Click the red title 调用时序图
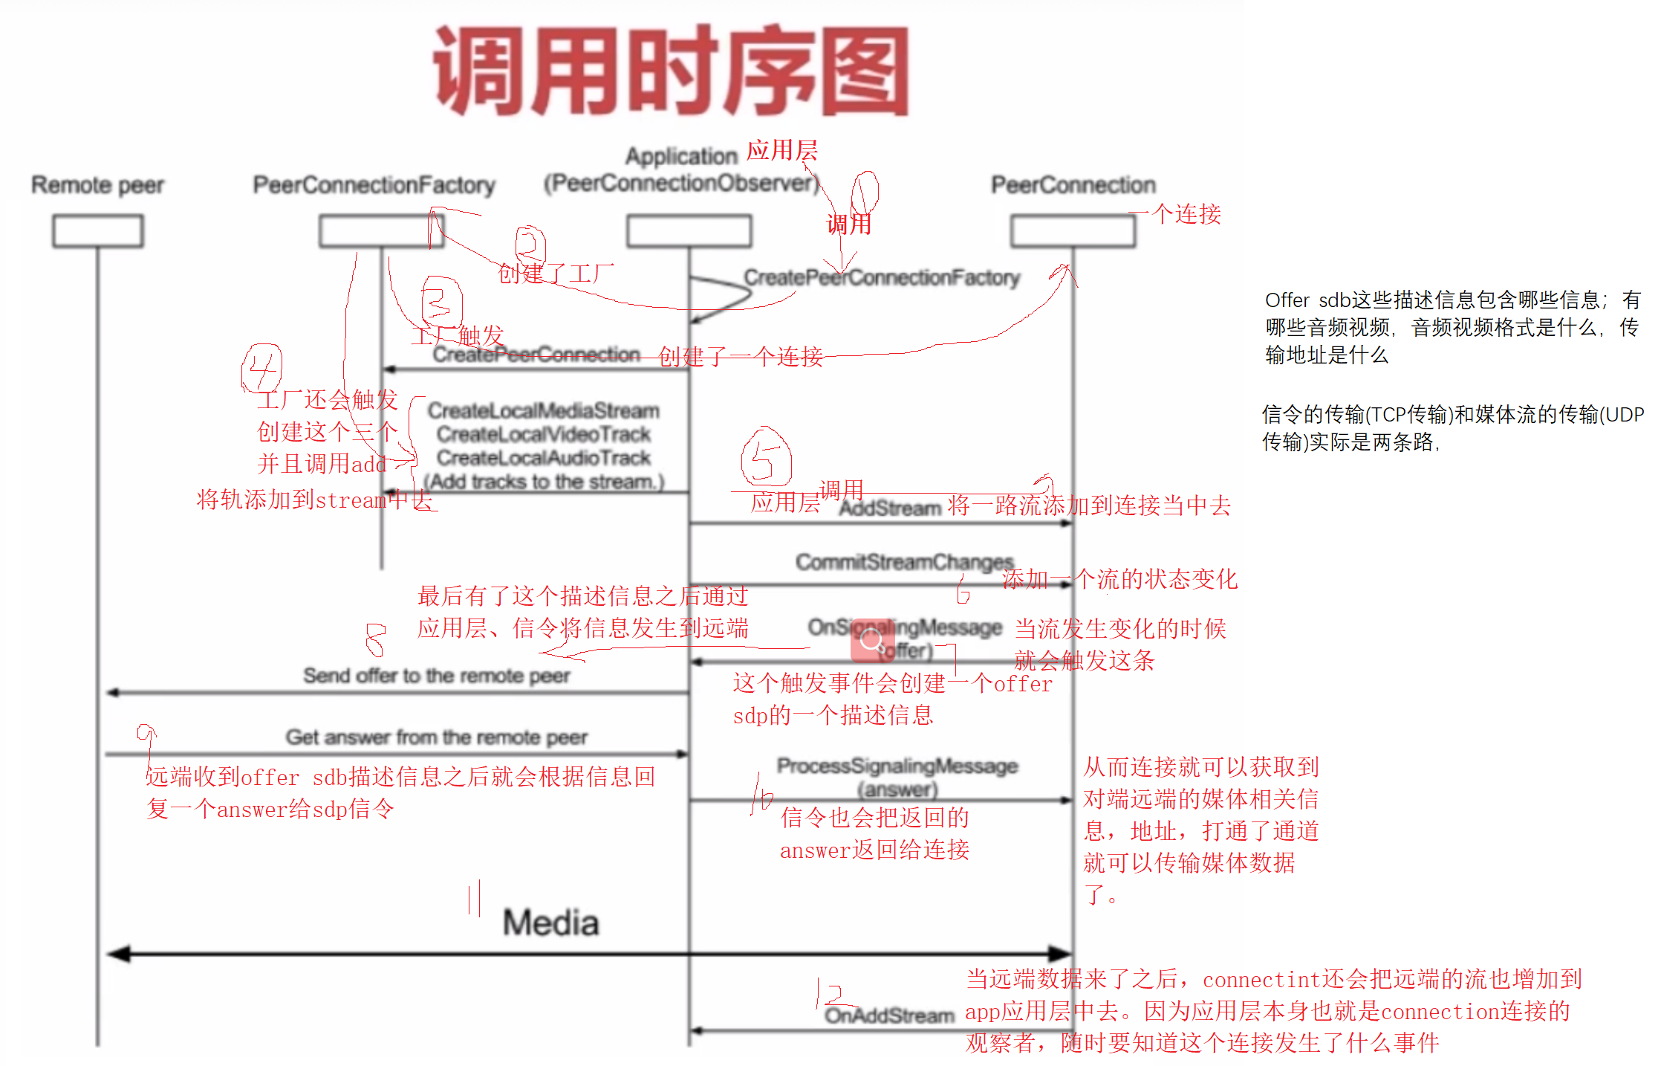671,71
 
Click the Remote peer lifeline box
97,230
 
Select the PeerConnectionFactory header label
374,184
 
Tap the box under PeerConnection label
1073,230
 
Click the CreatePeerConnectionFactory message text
882,277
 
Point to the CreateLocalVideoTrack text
543,434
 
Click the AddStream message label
890,508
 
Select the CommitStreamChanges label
904,562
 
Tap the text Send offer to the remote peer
436,676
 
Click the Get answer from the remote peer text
436,737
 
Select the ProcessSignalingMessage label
897,766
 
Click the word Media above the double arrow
550,923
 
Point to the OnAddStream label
888,1015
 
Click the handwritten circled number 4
261,367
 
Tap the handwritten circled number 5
765,456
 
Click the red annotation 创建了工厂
555,274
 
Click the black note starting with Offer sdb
1452,327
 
